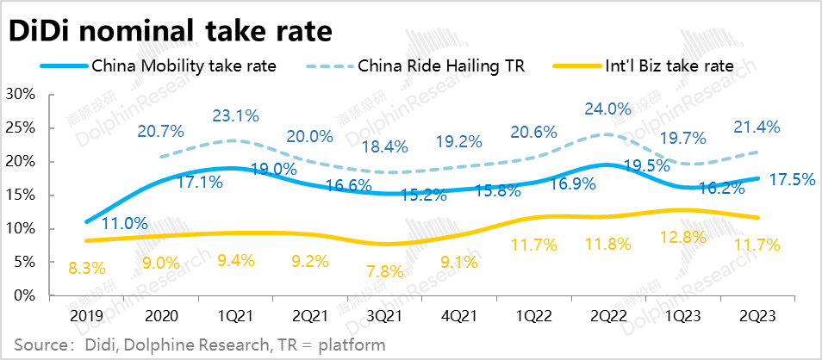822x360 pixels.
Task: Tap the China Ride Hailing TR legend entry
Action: tap(440, 65)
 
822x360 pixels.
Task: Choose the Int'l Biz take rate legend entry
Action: tap(668, 65)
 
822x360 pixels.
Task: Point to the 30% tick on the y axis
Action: tap(21, 94)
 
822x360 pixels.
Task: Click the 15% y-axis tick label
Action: tap(21, 195)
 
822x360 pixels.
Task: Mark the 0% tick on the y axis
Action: tap(24, 295)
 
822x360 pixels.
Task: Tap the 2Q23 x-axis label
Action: tap(758, 316)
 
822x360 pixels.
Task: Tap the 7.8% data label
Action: tap(384, 272)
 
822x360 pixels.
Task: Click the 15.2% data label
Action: tap(423, 196)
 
